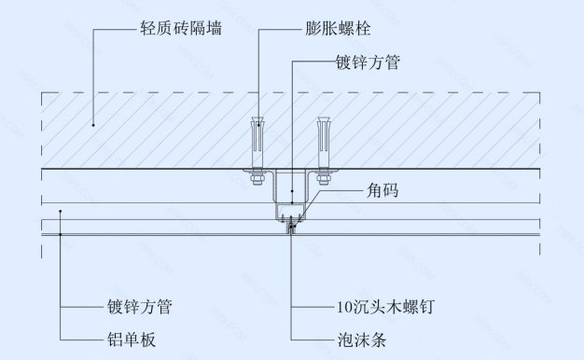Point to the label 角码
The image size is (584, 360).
click(383, 192)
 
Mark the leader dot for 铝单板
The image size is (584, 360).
click(61, 235)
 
